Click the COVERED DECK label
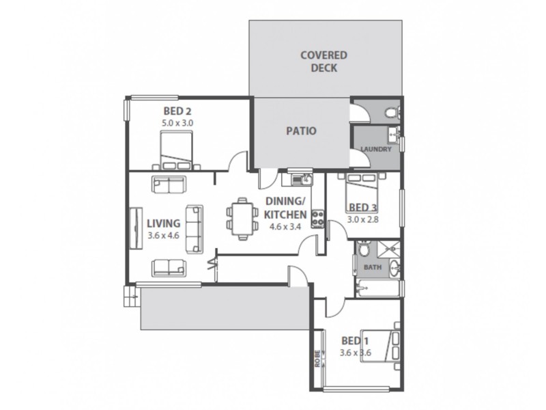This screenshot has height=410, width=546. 324,61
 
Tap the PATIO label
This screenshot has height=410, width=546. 300,131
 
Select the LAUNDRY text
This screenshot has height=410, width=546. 375,149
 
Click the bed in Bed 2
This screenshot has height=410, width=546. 177,150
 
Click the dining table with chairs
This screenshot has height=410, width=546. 240,218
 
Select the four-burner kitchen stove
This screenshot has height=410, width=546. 318,218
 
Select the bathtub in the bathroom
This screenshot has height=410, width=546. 377,290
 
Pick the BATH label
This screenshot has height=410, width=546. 372,268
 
